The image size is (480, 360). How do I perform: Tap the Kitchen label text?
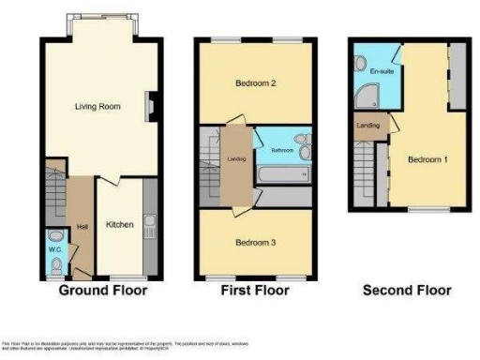click(x=120, y=225)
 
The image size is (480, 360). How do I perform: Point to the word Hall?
click(x=82, y=226)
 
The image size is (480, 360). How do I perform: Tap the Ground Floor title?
click(x=103, y=291)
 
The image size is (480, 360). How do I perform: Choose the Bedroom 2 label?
click(x=255, y=82)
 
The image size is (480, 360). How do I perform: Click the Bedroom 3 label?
click(x=255, y=242)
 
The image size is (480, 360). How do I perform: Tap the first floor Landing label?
click(x=236, y=158)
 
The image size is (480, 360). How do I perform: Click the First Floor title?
click(x=254, y=291)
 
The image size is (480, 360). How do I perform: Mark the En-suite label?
click(x=382, y=71)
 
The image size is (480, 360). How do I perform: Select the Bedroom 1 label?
click(x=427, y=159)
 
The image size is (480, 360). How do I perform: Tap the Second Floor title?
click(x=406, y=291)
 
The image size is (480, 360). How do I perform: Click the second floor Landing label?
click(x=367, y=127)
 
